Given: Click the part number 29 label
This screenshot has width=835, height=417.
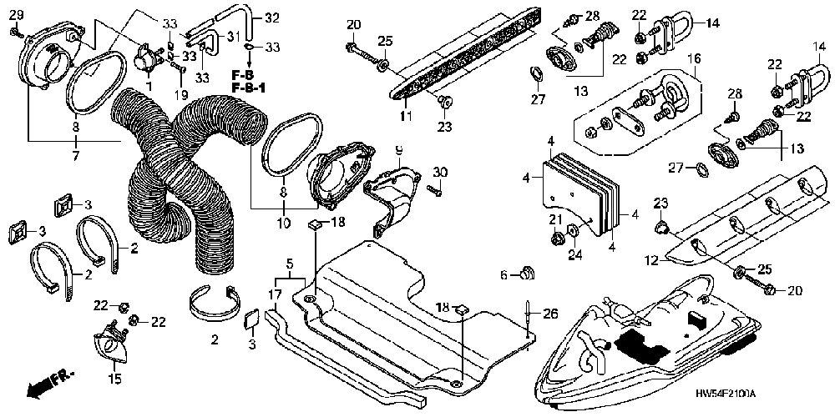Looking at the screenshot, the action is click(x=17, y=15).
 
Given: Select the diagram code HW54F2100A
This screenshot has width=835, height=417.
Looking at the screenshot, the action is click(x=726, y=393).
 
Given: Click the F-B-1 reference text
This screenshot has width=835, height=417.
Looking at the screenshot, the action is click(x=248, y=86).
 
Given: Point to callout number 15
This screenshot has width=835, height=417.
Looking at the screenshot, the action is click(x=115, y=379).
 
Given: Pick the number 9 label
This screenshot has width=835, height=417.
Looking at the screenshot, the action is click(x=399, y=150).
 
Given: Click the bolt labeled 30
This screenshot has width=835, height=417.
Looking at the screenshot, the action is click(x=436, y=188).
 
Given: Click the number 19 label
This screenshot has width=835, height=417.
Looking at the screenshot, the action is click(x=181, y=95).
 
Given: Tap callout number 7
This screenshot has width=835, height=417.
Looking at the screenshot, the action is click(x=76, y=157).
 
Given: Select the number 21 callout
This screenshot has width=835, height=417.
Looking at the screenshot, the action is click(x=555, y=219).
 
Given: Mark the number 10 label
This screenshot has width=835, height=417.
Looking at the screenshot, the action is click(x=283, y=223).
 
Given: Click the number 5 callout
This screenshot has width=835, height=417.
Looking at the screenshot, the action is click(x=290, y=263).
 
